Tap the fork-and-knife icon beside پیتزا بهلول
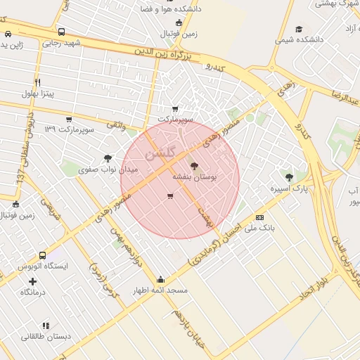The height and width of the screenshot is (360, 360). pyautogui.click(x=37, y=82)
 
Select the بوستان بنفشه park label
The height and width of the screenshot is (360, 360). pyautogui.click(x=195, y=178)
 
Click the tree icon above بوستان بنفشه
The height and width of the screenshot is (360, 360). pyautogui.click(x=194, y=167)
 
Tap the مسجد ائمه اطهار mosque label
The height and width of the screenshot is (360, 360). pyautogui.click(x=161, y=290)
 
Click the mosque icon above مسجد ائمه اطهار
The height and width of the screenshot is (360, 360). pyautogui.click(x=161, y=278)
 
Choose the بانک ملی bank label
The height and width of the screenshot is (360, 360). pyautogui.click(x=261, y=229)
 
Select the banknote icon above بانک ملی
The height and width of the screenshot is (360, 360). pyautogui.click(x=260, y=217)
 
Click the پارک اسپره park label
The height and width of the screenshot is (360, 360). pyautogui.click(x=289, y=189)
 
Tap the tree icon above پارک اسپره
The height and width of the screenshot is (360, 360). pyautogui.click(x=289, y=178)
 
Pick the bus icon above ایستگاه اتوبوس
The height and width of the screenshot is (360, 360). pyautogui.click(x=43, y=255)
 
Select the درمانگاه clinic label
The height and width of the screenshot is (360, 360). pyautogui.click(x=32, y=292)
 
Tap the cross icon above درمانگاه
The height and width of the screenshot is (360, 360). pyautogui.click(x=32, y=281)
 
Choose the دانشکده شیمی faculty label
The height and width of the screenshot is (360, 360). pyautogui.click(x=300, y=40)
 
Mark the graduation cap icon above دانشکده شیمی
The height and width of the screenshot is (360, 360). pyautogui.click(x=299, y=29)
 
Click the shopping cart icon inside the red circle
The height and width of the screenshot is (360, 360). pyautogui.click(x=170, y=196)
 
